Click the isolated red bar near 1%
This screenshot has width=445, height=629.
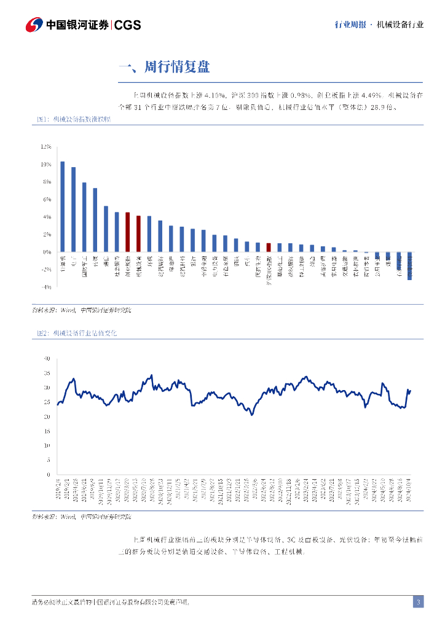(x=269, y=248)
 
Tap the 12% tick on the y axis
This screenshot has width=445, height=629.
(x=46, y=147)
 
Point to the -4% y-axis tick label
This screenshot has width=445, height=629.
(x=46, y=287)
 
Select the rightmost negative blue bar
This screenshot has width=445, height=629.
(x=410, y=265)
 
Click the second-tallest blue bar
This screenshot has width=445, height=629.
(x=73, y=209)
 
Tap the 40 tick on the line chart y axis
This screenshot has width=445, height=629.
(x=46, y=358)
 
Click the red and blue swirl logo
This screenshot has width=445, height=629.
(x=34, y=25)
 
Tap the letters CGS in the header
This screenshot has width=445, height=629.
(x=128, y=25)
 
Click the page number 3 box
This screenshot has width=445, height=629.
(x=418, y=602)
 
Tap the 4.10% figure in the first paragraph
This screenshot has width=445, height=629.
(x=214, y=95)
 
